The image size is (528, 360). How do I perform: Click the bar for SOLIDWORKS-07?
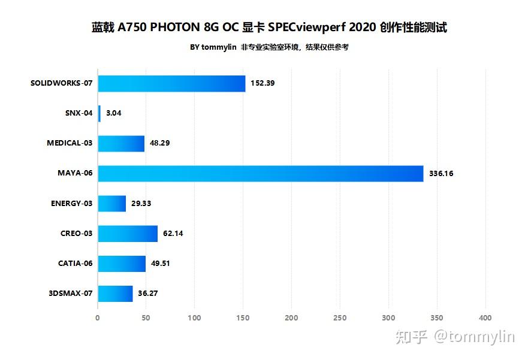pyautogui.click(x=171, y=83)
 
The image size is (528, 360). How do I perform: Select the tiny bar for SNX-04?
pyautogui.click(x=99, y=113)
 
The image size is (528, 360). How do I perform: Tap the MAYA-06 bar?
pyautogui.click(x=260, y=174)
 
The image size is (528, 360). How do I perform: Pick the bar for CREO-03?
pyautogui.click(x=127, y=234)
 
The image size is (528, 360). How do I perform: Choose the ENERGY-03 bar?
pyautogui.click(x=111, y=204)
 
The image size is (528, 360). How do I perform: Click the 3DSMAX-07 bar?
pyautogui.click(x=115, y=294)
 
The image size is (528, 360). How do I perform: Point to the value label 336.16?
pyautogui.click(x=441, y=174)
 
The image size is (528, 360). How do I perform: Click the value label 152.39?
pyautogui.click(x=263, y=83)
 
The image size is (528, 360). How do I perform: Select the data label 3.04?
pyautogui.click(x=114, y=113)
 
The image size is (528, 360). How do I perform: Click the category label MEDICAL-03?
pyautogui.click(x=70, y=144)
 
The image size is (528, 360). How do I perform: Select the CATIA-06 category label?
pyautogui.click(x=75, y=264)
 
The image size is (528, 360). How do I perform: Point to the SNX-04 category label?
pyautogui.click(x=79, y=113)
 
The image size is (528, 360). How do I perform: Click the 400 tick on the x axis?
pyautogui.click(x=485, y=318)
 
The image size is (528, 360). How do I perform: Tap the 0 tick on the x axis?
pyautogui.click(x=98, y=318)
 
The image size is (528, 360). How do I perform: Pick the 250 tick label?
pyautogui.click(x=340, y=318)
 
